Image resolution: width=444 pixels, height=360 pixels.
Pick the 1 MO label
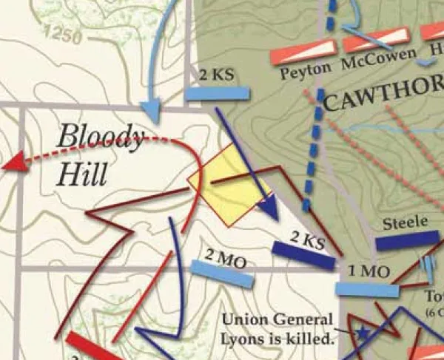(364, 271)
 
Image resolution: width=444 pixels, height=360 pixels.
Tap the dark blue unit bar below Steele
(407, 242)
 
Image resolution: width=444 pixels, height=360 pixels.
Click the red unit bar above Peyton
(303, 52)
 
